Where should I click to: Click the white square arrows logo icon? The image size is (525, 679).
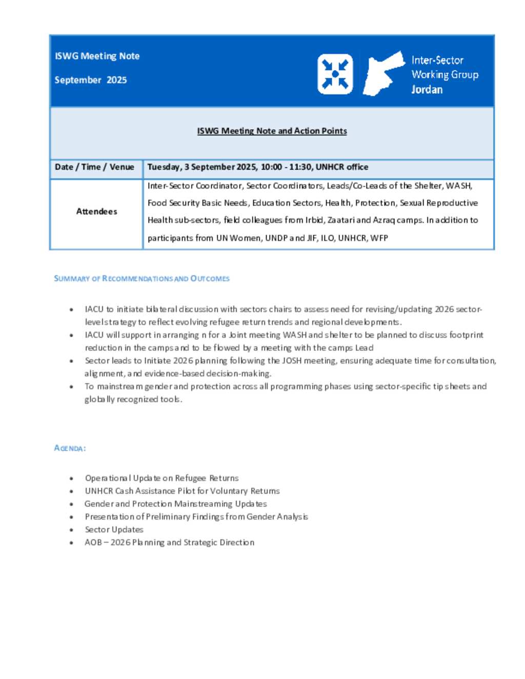click(335, 74)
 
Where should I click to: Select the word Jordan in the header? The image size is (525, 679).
click(427, 90)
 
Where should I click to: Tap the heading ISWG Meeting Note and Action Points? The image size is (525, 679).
click(272, 131)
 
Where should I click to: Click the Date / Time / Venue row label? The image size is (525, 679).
click(94, 167)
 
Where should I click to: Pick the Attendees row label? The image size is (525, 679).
click(96, 212)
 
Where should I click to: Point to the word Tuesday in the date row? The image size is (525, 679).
click(164, 167)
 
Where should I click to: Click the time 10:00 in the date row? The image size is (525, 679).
click(271, 167)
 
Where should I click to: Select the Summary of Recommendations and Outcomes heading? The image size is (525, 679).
click(142, 279)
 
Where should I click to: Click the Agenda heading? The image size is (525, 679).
click(70, 448)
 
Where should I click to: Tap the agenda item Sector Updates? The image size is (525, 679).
click(114, 530)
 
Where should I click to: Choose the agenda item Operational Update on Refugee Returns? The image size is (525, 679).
click(161, 478)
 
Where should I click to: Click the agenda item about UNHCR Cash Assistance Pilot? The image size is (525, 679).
click(182, 491)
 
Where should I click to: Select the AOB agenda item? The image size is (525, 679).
click(169, 543)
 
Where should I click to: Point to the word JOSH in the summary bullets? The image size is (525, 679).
click(292, 361)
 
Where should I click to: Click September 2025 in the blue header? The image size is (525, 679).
click(91, 80)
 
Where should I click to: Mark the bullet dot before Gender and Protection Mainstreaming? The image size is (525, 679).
click(71, 504)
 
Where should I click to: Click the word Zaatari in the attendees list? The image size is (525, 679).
click(341, 220)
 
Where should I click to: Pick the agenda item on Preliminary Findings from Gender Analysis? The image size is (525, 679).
click(196, 517)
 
